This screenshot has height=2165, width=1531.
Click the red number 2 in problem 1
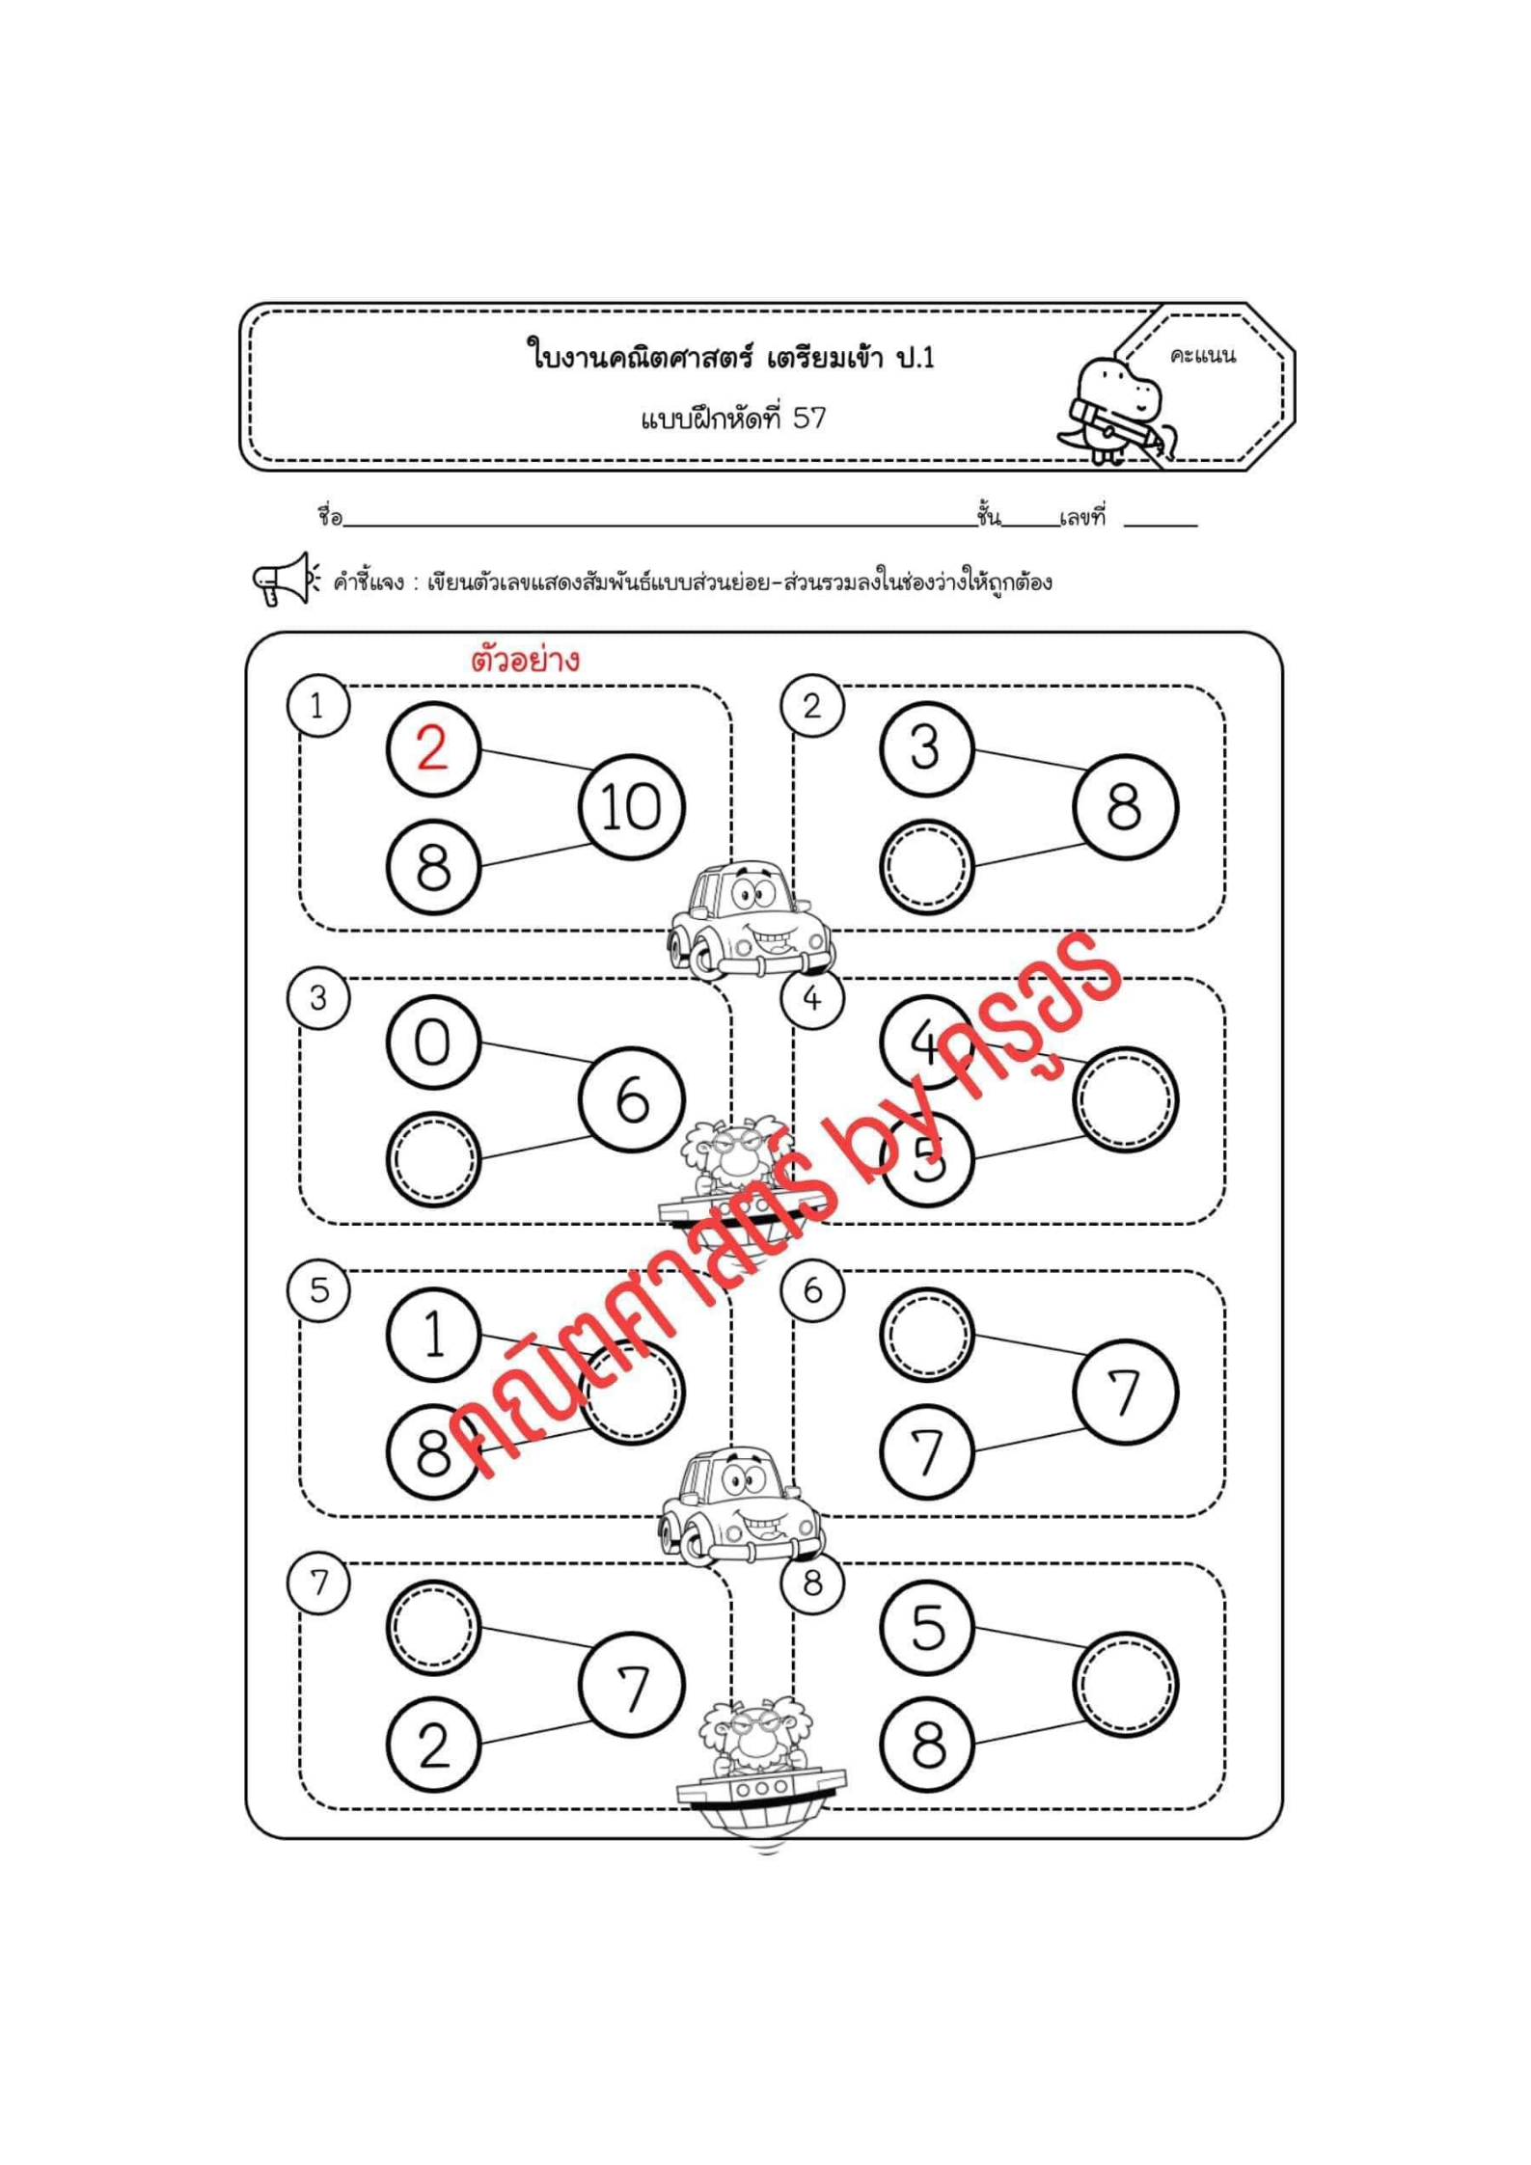coord(432,747)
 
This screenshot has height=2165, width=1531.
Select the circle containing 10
coord(632,806)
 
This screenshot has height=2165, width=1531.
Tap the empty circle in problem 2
coord(926,865)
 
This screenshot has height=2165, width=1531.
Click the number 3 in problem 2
coord(925,747)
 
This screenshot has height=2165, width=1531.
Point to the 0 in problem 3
coord(432,1042)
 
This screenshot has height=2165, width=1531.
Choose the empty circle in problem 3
coord(433,1159)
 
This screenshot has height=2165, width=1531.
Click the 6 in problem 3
coord(632,1100)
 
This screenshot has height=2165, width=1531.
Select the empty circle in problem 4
coord(1126,1099)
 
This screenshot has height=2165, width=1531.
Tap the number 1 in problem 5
coord(434,1336)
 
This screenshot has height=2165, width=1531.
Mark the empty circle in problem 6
coord(926,1336)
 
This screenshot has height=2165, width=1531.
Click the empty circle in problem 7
coord(433,1628)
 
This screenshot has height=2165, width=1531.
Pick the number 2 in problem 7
coord(433,1746)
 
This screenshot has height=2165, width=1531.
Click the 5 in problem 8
coord(927,1628)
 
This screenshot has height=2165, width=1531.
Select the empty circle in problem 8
coord(1126,1685)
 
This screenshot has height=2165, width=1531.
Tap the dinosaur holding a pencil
coord(1119,410)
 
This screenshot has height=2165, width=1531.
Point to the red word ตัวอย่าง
coord(526,660)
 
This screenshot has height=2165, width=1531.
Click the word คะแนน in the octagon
coord(1202,356)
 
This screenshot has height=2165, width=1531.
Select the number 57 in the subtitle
coord(809,419)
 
